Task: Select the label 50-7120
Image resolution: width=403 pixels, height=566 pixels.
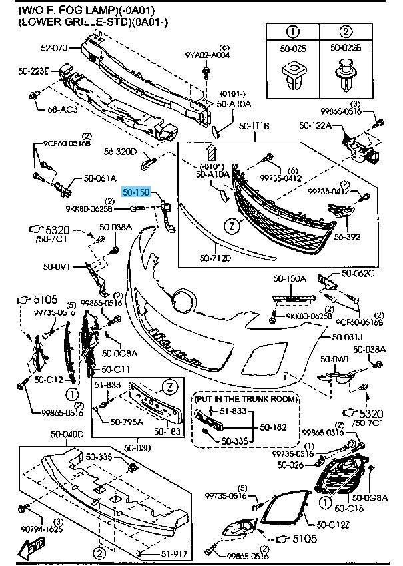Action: (216, 256)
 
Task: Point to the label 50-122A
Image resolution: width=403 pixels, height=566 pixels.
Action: (316, 125)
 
